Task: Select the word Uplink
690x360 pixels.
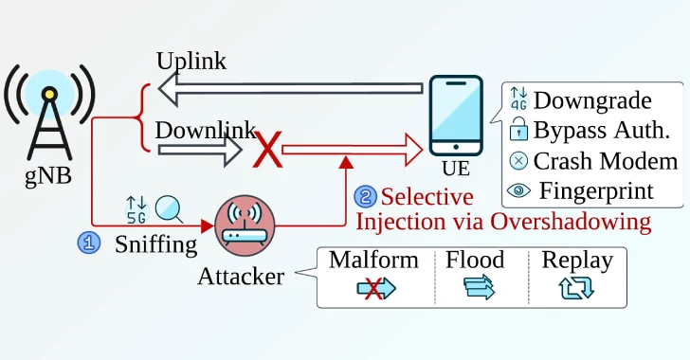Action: tap(191, 61)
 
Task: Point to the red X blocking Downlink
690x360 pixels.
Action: tap(270, 149)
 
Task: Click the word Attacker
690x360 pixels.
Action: tap(241, 277)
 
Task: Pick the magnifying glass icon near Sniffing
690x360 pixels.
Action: tap(169, 207)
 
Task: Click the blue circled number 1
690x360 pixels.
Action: tap(88, 243)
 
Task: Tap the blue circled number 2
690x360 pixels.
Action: tap(365, 197)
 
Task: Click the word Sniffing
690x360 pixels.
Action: tap(155, 244)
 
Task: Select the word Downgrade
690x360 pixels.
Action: tap(592, 100)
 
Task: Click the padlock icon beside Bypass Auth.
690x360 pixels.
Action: tap(518, 132)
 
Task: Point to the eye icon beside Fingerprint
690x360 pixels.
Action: tap(518, 190)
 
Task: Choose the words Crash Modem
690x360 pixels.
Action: tap(605, 161)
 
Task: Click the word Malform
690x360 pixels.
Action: tap(373, 261)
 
